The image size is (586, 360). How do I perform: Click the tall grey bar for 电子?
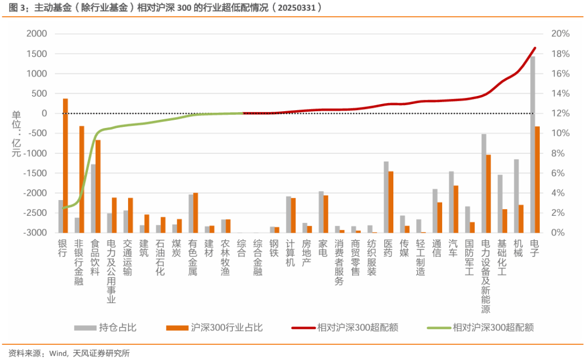[532, 144]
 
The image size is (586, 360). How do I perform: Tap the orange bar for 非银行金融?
[82, 179]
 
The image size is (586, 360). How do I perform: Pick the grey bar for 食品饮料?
[93, 198]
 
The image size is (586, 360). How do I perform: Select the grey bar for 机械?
[516, 196]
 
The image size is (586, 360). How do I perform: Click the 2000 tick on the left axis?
[37, 34]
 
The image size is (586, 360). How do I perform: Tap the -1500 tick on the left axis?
[35, 173]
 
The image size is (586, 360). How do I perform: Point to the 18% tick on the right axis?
[560, 54]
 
